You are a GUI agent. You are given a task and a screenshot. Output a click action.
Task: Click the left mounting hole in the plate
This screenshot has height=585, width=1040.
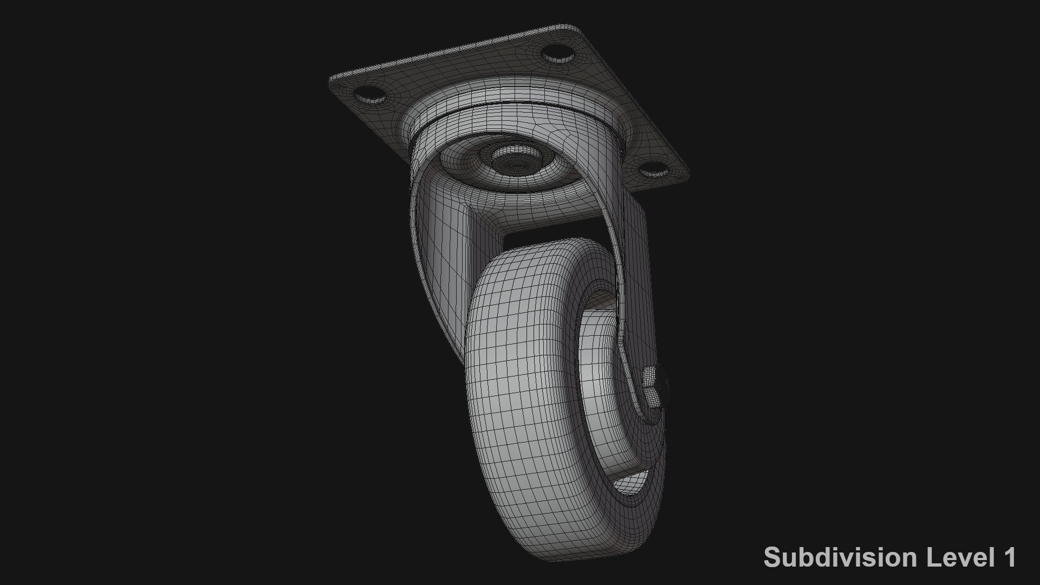pos(369,96)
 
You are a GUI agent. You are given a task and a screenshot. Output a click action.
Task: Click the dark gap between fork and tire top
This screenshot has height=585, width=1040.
pos(542,243)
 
